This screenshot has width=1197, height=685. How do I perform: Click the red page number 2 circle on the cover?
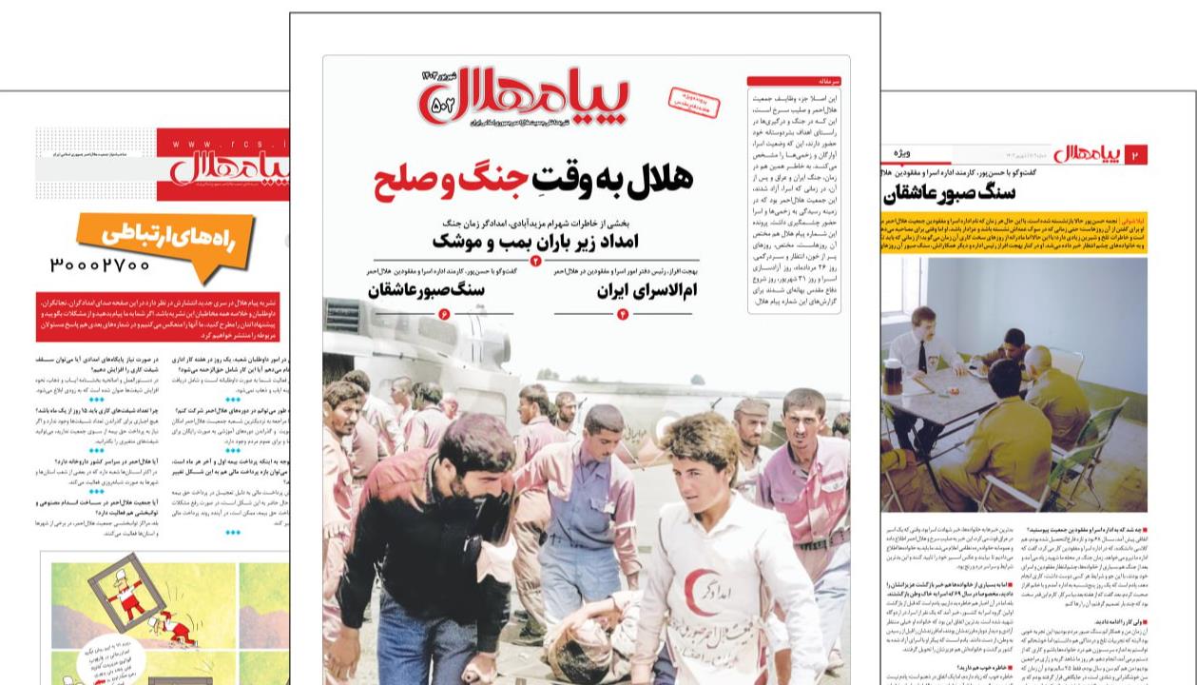(535, 261)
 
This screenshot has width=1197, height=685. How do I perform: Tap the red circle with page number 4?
(623, 315)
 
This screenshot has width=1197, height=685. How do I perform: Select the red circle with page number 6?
(443, 315)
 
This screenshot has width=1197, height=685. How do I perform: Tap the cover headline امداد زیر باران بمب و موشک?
(535, 240)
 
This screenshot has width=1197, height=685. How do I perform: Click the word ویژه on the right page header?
(903, 153)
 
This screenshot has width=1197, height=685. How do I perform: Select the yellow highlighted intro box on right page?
(1013, 232)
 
